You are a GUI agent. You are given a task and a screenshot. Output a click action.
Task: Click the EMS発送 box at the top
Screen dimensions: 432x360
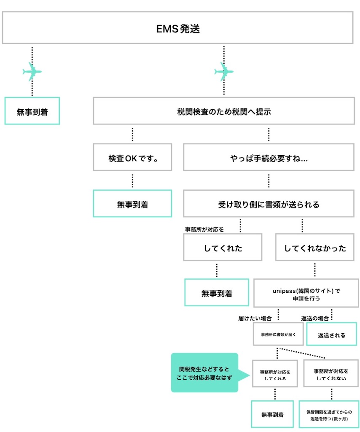pyautogui.click(x=177, y=28)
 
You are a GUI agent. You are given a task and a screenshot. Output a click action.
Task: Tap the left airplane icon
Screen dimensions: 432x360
pyautogui.click(x=32, y=71)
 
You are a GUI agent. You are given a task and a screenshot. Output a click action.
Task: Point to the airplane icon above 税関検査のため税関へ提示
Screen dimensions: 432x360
pyautogui.click(x=223, y=71)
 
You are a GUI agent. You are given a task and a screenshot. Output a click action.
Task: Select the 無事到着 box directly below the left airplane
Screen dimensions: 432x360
pyautogui.click(x=32, y=111)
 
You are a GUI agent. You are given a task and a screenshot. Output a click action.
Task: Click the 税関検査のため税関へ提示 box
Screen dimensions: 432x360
pyautogui.click(x=223, y=111)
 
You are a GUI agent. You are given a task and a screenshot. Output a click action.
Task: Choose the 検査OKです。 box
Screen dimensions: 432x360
pyautogui.click(x=132, y=157)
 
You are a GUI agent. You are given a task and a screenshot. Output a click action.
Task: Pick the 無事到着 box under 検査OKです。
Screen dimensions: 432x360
pyautogui.click(x=132, y=203)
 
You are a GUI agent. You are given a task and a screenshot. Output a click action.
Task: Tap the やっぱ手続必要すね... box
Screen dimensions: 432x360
pyautogui.click(x=269, y=157)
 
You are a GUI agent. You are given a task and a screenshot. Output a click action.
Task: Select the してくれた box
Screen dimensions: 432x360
pyautogui.click(x=223, y=247)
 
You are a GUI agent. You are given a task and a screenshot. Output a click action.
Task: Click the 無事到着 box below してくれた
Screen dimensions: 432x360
pyautogui.click(x=217, y=292)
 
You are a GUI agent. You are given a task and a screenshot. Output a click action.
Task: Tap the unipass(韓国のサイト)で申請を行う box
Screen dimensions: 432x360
pyautogui.click(x=306, y=292)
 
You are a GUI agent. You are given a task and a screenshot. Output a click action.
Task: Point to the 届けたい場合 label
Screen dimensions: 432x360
pyautogui.click(x=255, y=318)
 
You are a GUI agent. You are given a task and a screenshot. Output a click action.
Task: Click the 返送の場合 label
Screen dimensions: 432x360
pyautogui.click(x=314, y=318)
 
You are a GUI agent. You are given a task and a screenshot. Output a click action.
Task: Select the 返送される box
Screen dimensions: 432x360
pyautogui.click(x=331, y=335)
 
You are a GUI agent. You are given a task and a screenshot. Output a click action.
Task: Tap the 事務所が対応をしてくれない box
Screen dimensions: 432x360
pyautogui.click(x=331, y=373)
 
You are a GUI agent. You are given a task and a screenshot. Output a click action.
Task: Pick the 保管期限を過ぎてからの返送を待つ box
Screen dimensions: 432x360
pyautogui.click(x=329, y=414)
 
